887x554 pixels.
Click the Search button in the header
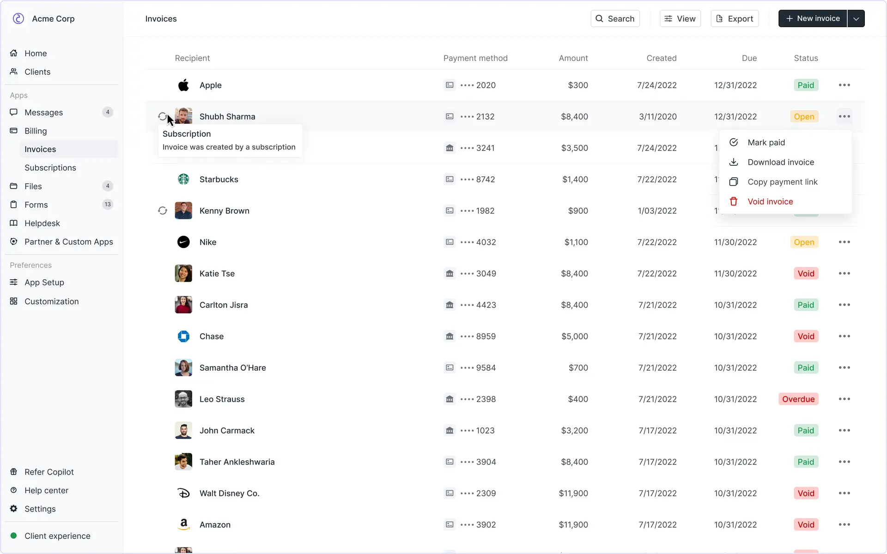pyautogui.click(x=615, y=18)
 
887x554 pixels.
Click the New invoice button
pyautogui.click(x=812, y=18)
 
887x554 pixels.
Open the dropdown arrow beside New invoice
pyautogui.click(x=856, y=18)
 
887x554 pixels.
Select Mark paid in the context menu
pyautogui.click(x=766, y=142)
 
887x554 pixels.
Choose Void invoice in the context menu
pyautogui.click(x=770, y=201)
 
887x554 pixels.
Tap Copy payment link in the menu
pyautogui.click(x=782, y=182)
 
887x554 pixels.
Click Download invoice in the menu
pyautogui.click(x=781, y=162)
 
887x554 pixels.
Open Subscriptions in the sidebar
pyautogui.click(x=50, y=168)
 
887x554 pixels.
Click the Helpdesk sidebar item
pyautogui.click(x=42, y=223)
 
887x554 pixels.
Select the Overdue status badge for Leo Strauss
pyautogui.click(x=798, y=399)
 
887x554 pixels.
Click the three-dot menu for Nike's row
pyautogui.click(x=844, y=242)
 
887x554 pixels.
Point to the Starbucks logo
pyautogui.click(x=183, y=179)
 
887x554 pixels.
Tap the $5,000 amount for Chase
pyautogui.click(x=574, y=336)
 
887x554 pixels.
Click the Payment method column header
pyautogui.click(x=475, y=58)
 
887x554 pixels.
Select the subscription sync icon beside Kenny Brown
pyautogui.click(x=163, y=211)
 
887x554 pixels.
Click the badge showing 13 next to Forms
pyautogui.click(x=108, y=205)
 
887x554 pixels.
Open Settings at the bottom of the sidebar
pyautogui.click(x=40, y=509)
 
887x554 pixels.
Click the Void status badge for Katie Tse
pyautogui.click(x=806, y=273)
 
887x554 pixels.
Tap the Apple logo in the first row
pyautogui.click(x=183, y=85)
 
